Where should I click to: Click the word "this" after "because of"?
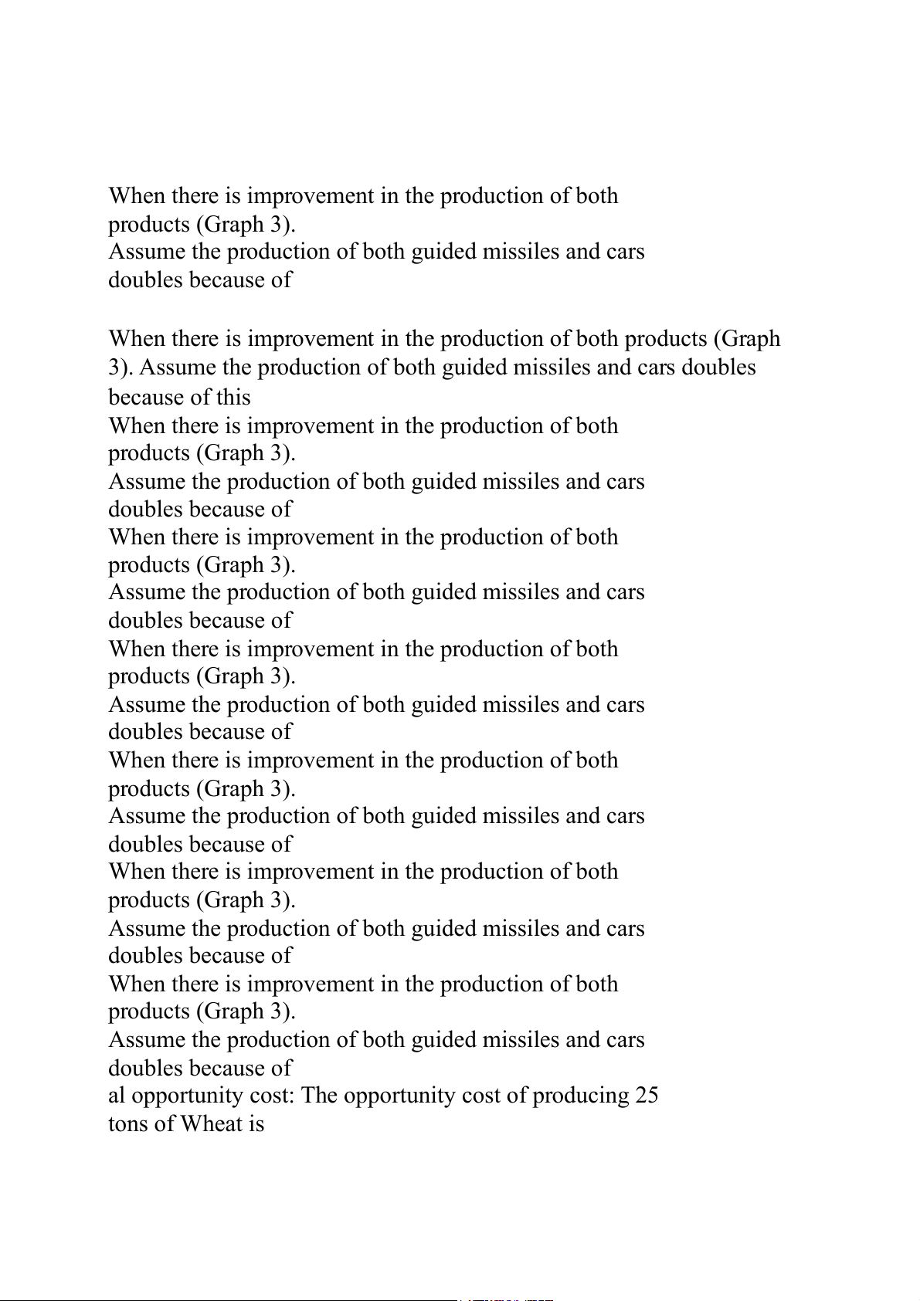point(233,397)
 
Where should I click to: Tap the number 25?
point(647,1096)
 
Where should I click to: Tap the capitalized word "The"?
point(319,1096)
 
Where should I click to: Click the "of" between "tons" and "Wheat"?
point(167,1123)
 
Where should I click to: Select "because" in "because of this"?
point(146,397)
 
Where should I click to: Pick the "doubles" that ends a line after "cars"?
point(718,367)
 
